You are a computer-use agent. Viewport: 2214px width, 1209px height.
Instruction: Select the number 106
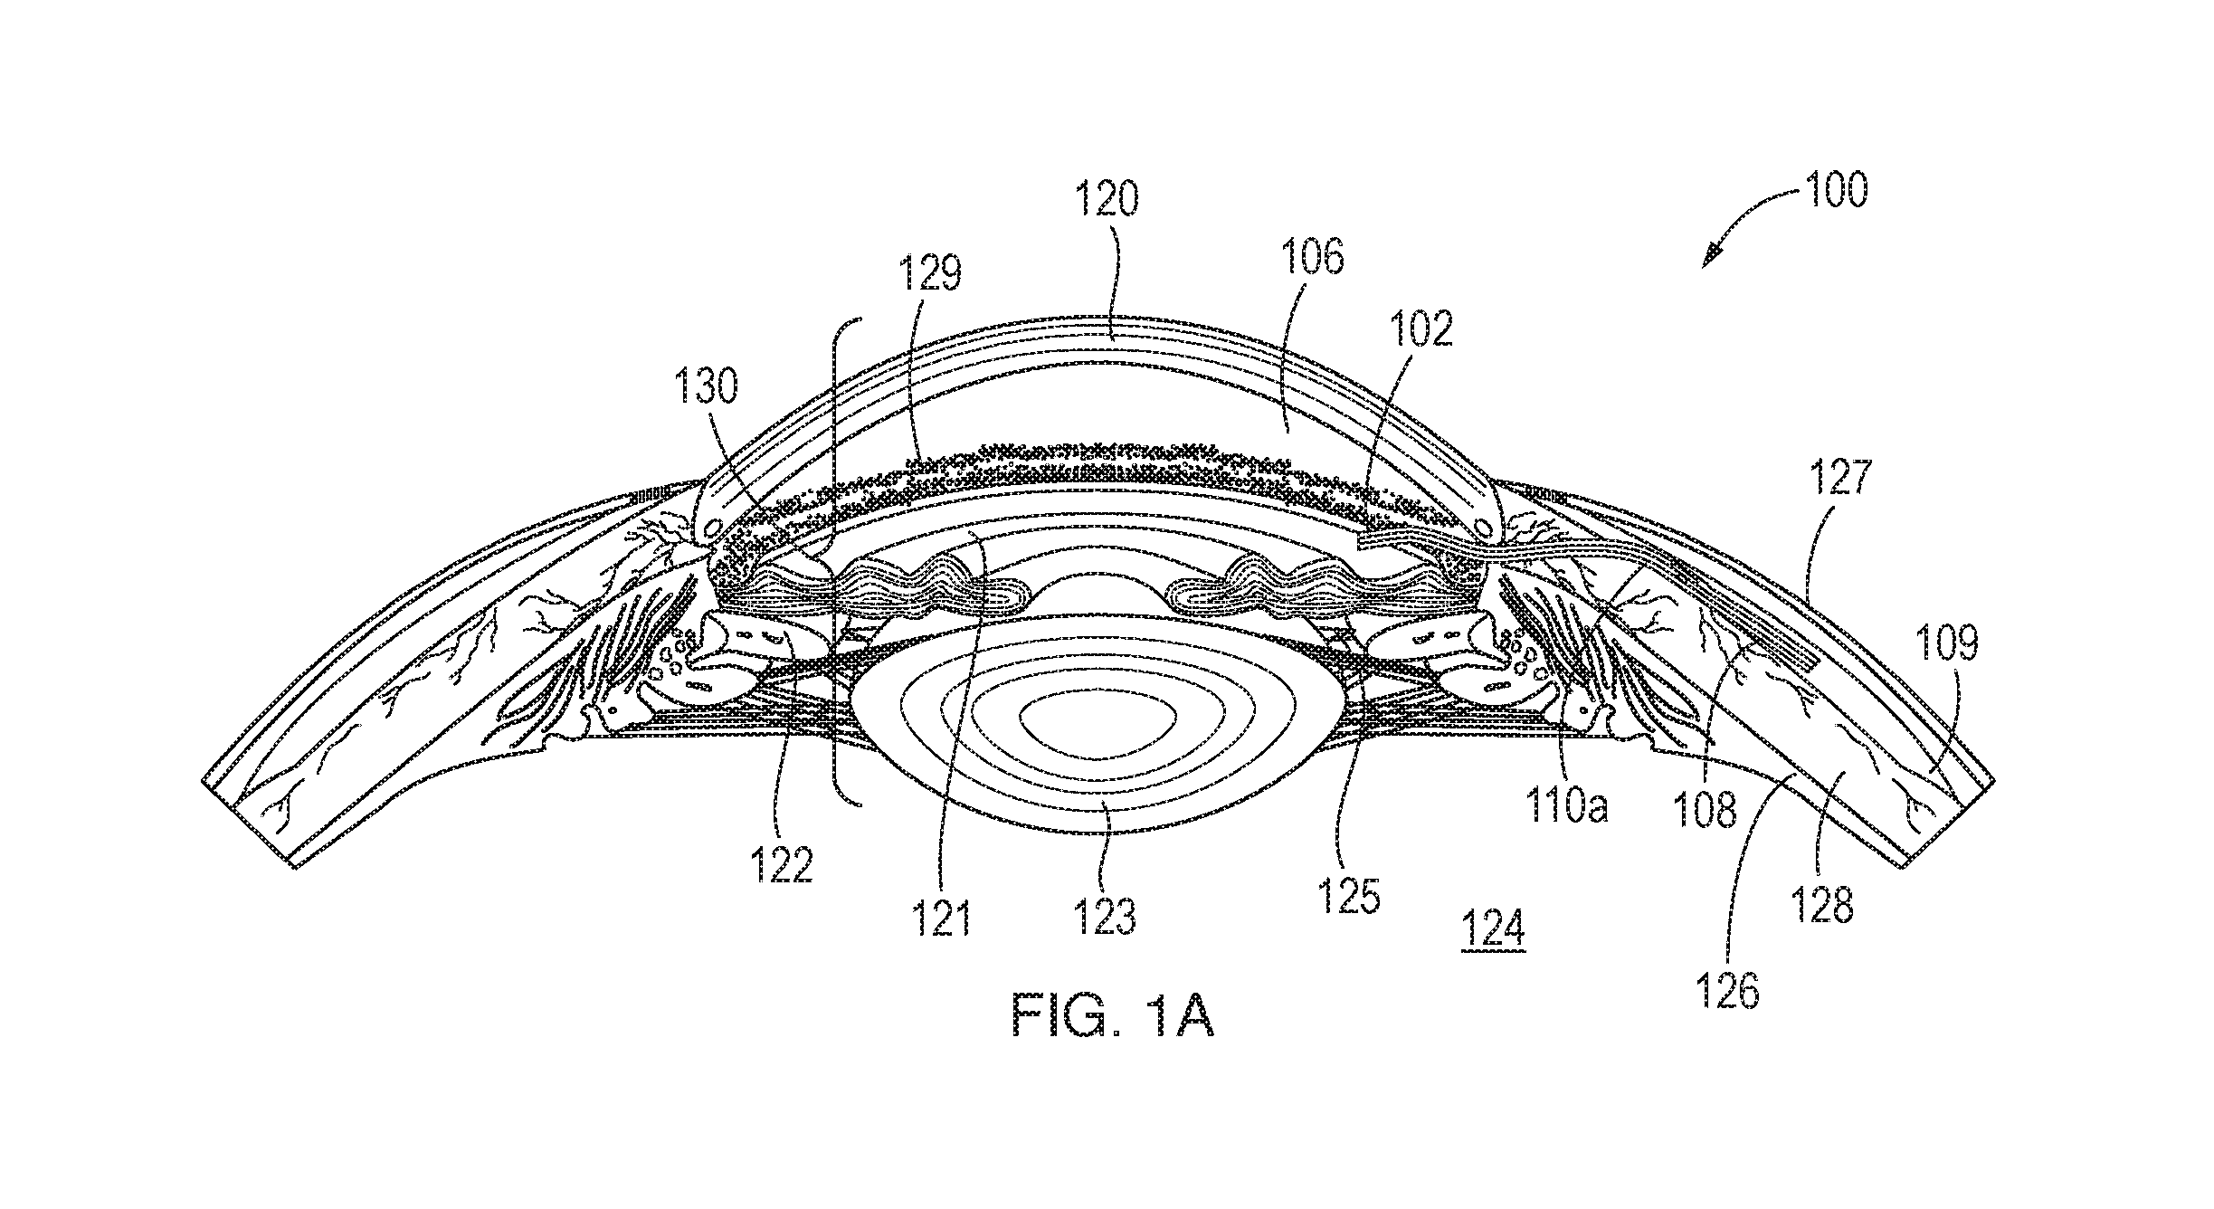click(x=1310, y=258)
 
